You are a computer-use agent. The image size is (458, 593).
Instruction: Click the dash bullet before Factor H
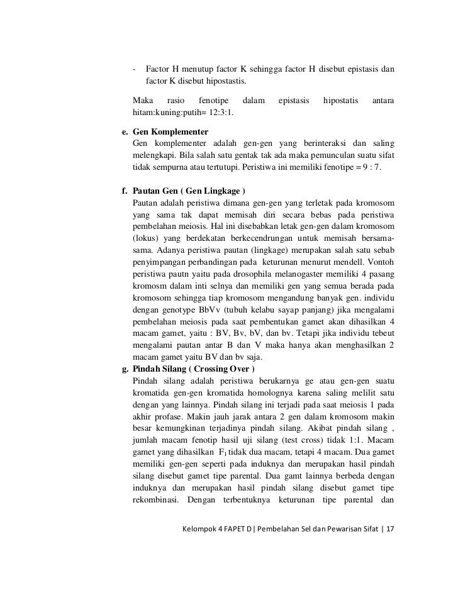[x=135, y=69]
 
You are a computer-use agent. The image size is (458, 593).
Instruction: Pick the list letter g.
[x=125, y=369]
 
